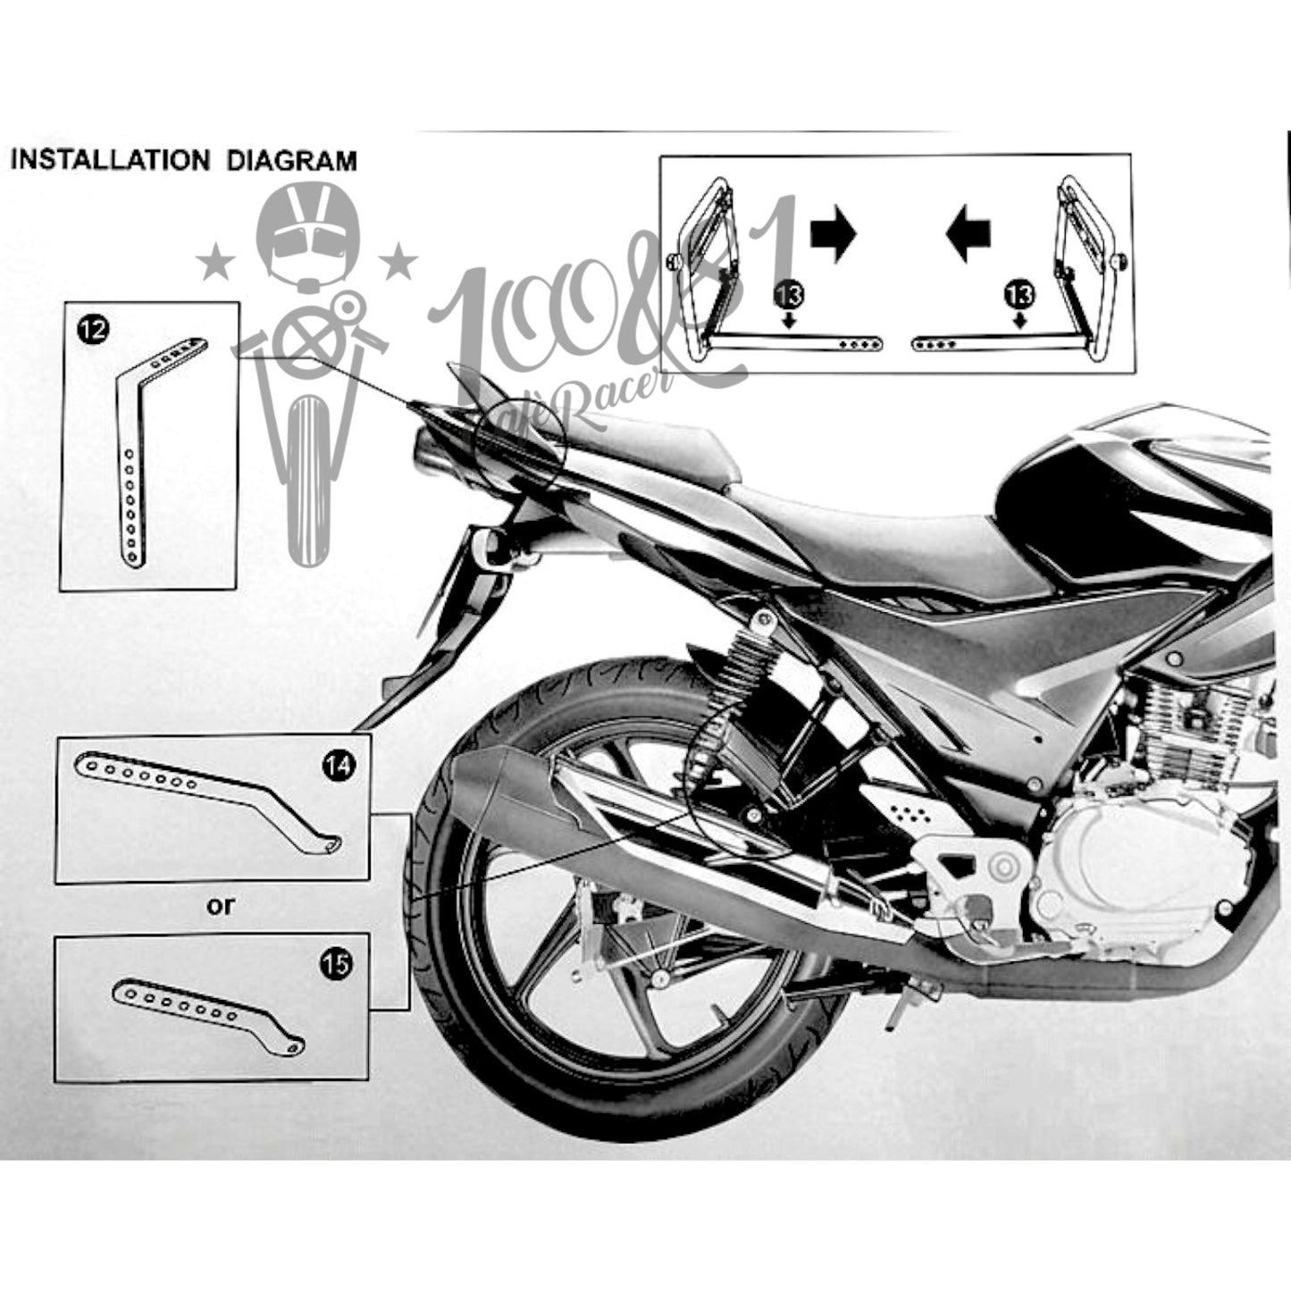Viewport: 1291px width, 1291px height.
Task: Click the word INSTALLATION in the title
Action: [x=111, y=161]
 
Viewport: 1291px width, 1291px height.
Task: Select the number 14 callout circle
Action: [x=339, y=766]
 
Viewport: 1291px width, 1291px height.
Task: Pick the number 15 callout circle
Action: [x=335, y=964]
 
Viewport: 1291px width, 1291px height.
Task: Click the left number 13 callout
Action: [x=789, y=295]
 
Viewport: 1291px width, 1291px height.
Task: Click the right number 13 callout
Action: [x=1019, y=295]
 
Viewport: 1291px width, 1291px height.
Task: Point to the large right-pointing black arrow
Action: [x=834, y=234]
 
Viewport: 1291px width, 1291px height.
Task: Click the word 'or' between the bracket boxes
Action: [x=221, y=907]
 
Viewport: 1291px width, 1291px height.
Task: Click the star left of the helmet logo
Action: [x=215, y=264]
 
